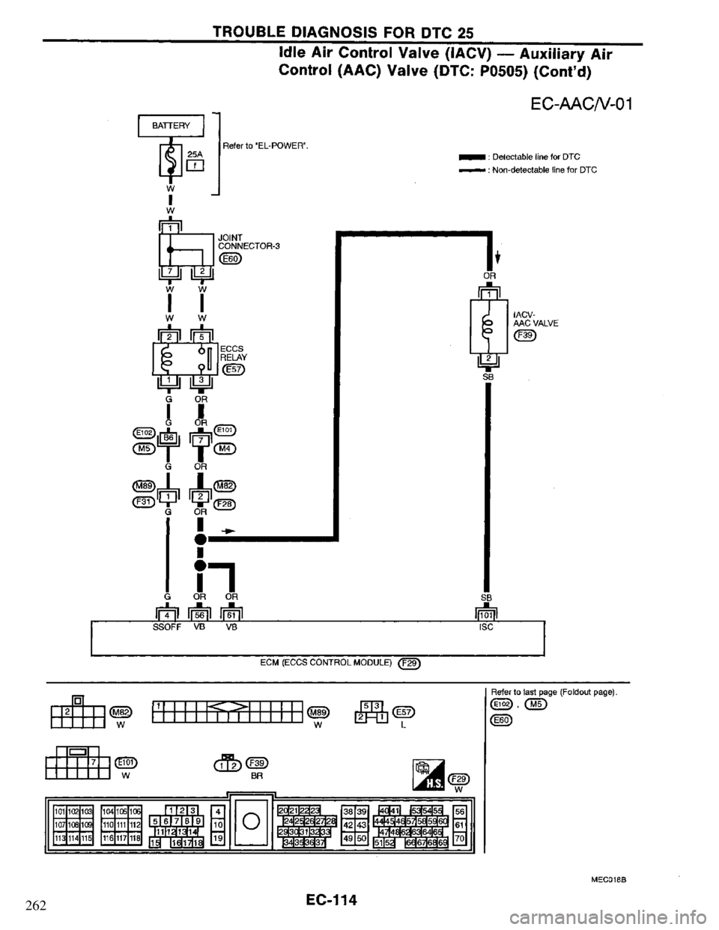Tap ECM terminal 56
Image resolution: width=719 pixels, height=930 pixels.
[201, 615]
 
